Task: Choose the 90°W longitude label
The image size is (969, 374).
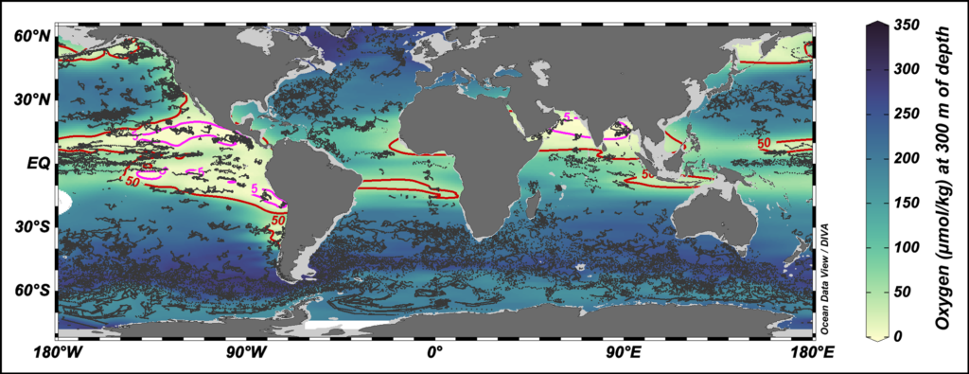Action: click(x=244, y=353)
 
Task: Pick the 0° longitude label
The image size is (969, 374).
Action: click(x=434, y=353)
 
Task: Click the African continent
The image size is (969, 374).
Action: click(x=473, y=161)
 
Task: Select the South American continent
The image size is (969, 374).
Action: click(x=312, y=189)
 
